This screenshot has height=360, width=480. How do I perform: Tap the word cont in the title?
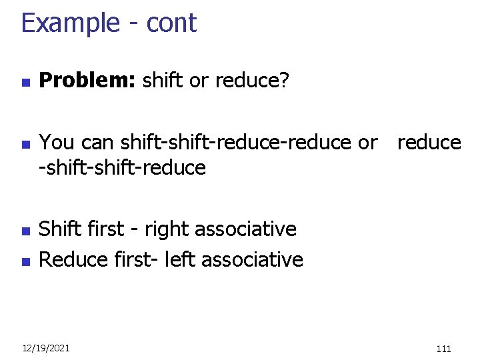click(x=171, y=24)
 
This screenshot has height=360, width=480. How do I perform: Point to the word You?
click(x=57, y=142)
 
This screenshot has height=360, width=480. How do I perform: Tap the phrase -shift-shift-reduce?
click(x=123, y=167)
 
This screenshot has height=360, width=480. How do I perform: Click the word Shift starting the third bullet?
click(x=58, y=229)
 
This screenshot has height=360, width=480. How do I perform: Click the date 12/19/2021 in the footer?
click(x=45, y=348)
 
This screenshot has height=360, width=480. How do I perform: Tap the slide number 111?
click(x=443, y=348)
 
